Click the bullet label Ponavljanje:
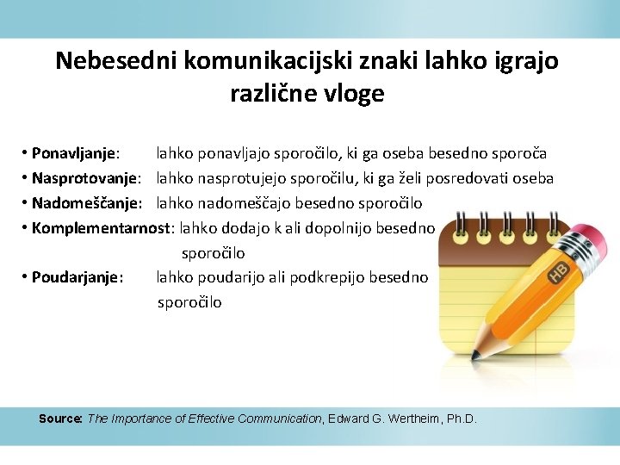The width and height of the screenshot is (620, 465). point(75,154)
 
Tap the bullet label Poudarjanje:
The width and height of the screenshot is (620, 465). point(77,278)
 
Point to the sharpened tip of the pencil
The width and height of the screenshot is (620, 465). point(475,353)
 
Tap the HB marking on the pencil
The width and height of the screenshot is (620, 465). point(558,273)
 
